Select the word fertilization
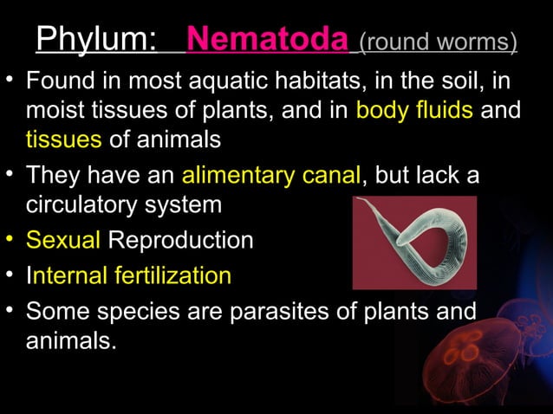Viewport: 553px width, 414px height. click(x=169, y=276)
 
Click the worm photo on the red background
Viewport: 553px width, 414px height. click(x=414, y=243)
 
